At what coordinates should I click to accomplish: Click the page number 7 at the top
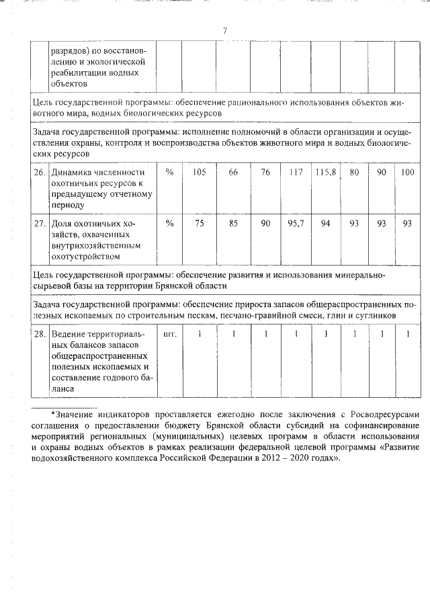click(x=225, y=30)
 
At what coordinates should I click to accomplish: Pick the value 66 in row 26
click(x=233, y=173)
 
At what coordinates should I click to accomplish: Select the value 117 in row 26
click(x=296, y=173)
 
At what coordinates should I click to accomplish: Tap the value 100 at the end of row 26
click(x=407, y=173)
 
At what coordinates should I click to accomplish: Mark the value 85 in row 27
click(x=233, y=224)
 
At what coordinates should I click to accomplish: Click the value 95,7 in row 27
click(x=296, y=224)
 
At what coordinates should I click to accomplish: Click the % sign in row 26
click(x=169, y=173)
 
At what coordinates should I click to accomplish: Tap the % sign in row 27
click(x=169, y=224)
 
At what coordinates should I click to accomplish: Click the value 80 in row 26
click(x=354, y=173)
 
